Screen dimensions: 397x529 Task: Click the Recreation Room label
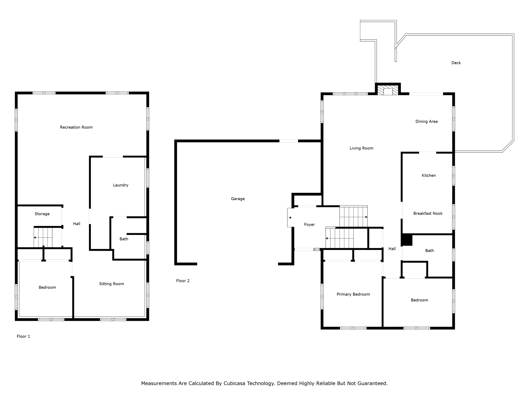pos(76,127)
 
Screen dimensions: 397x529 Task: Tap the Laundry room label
pos(121,185)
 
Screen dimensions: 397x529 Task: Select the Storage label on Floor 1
pos(42,214)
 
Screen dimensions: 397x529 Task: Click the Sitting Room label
pos(112,284)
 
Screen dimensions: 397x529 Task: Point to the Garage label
pos(238,199)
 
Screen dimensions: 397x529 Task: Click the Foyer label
pos(309,225)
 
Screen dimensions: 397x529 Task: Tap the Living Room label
pos(361,148)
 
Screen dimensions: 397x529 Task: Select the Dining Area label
pos(426,121)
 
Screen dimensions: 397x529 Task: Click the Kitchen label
pos(429,175)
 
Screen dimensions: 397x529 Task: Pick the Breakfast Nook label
pos(428,213)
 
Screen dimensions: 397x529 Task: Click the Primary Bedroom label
pos(353,294)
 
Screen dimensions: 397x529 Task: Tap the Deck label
pos(456,63)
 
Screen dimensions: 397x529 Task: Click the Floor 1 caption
pos(24,336)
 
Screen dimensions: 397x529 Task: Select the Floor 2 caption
pos(183,281)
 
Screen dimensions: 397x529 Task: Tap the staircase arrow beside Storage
pos(35,238)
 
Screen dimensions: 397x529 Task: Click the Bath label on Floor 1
pos(124,239)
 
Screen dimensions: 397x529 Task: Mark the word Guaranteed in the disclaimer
pos(372,383)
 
